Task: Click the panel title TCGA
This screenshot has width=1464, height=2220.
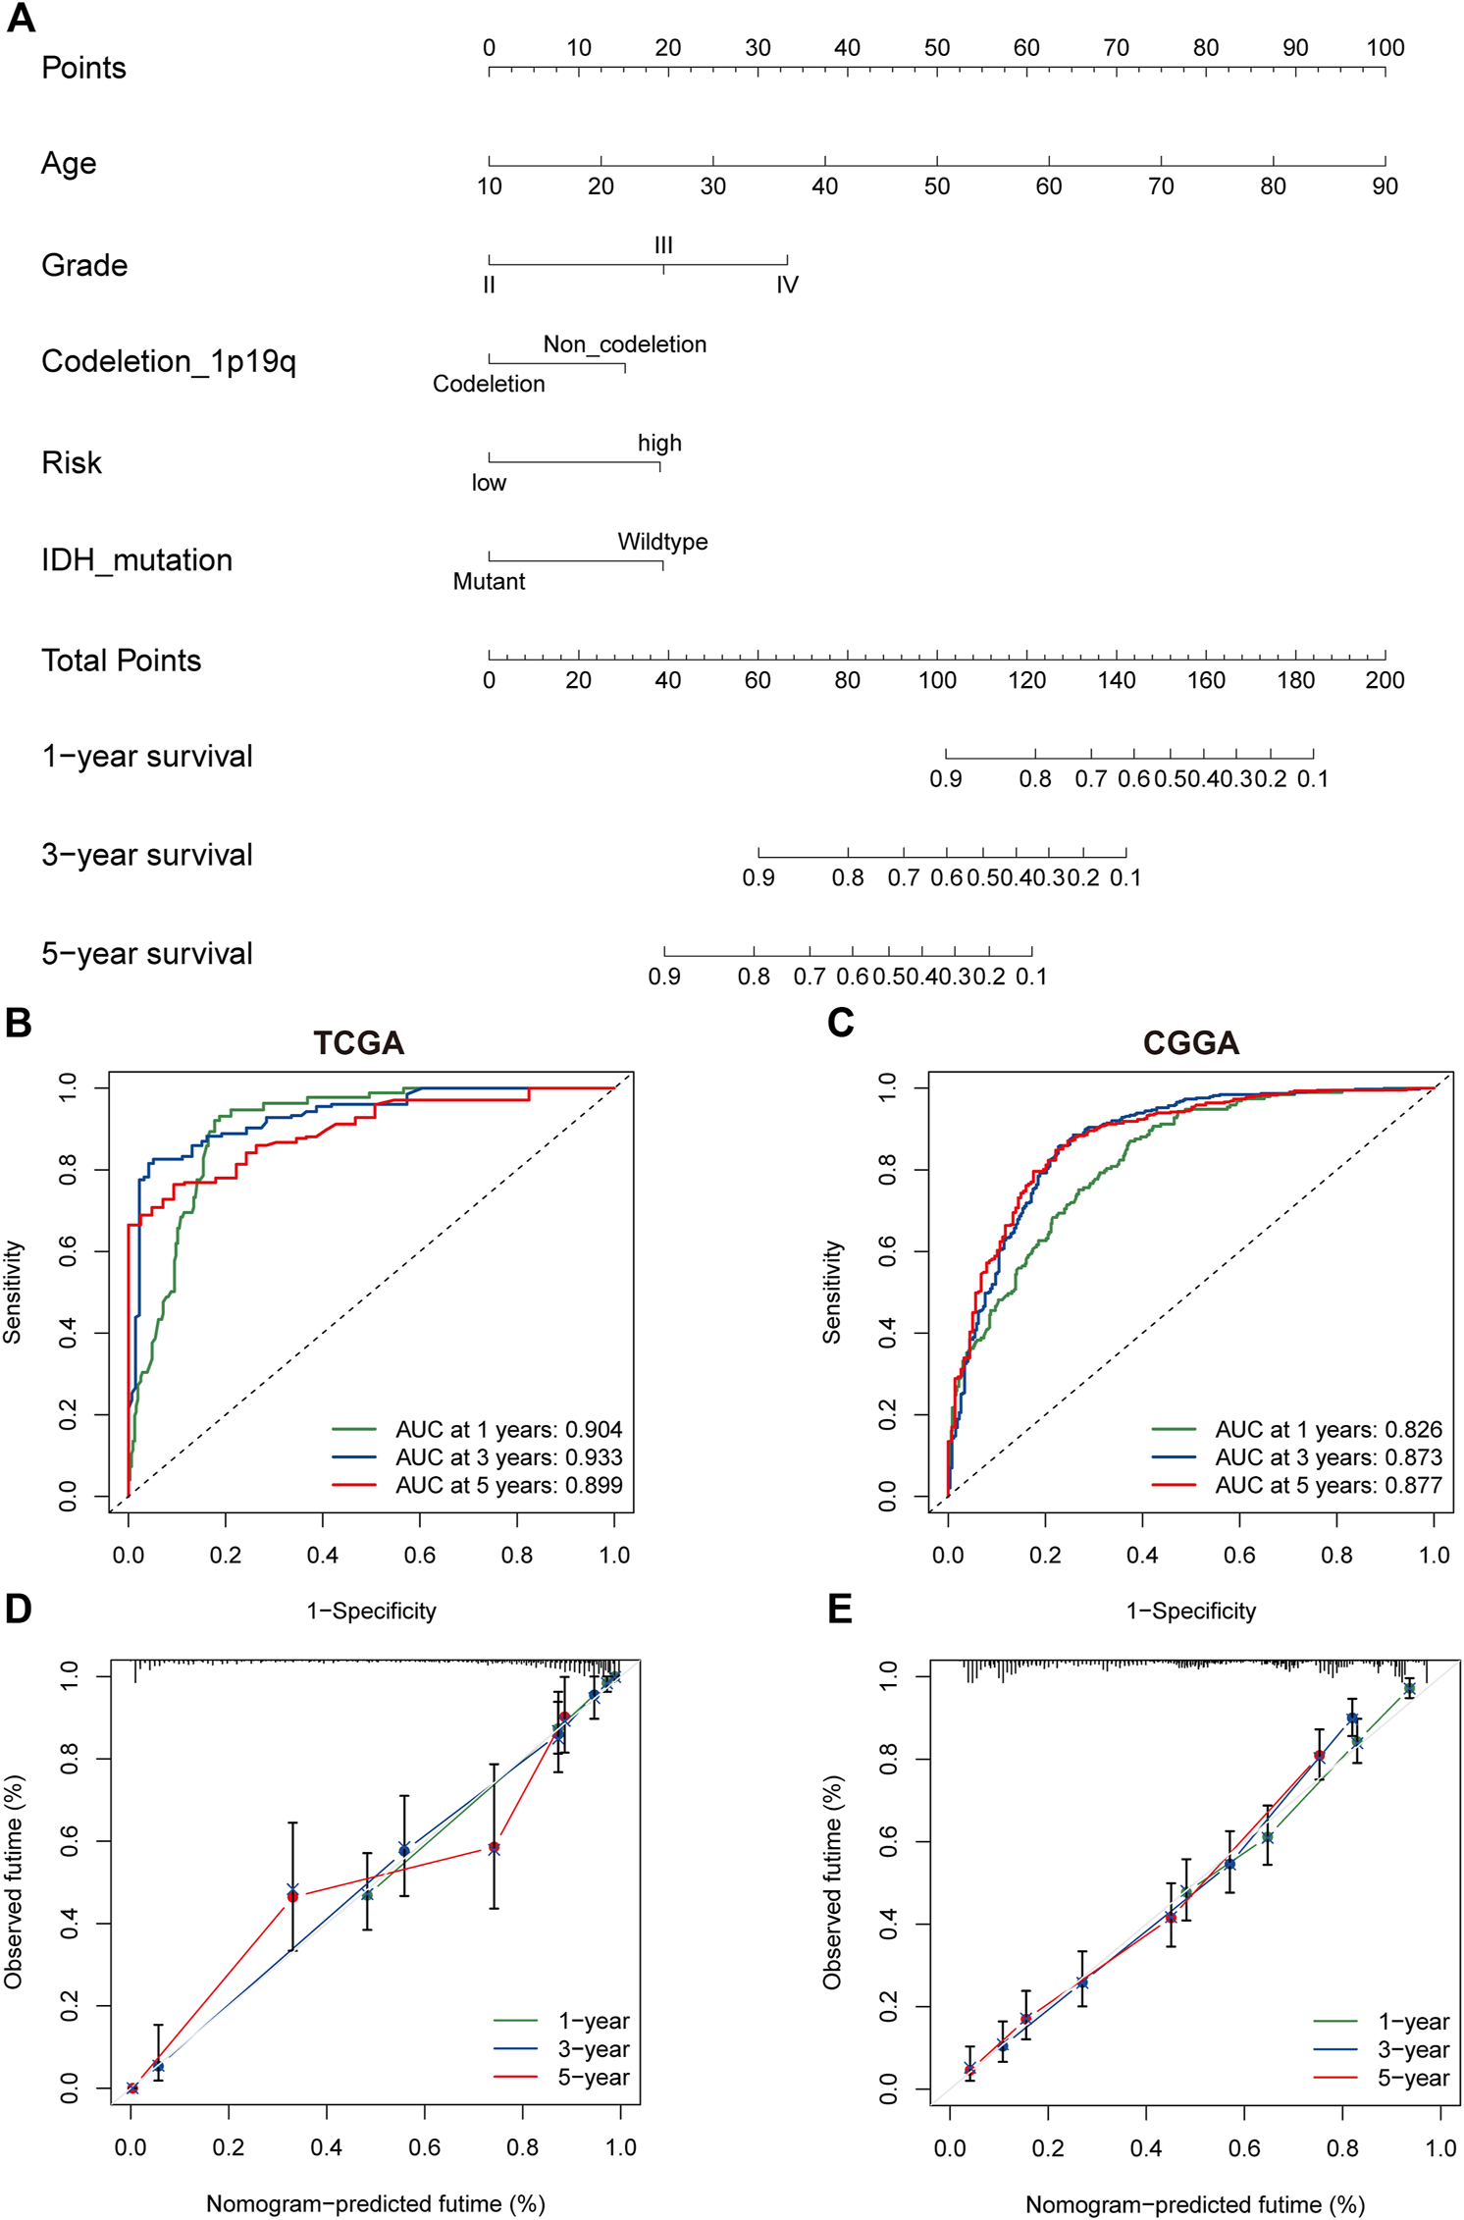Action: click(x=358, y=1042)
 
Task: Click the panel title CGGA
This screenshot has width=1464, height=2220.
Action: click(x=1190, y=1042)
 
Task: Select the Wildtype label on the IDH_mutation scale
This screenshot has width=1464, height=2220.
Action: click(x=662, y=542)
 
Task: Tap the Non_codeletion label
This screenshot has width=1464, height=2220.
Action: click(x=625, y=344)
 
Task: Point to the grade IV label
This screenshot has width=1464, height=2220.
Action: click(x=787, y=286)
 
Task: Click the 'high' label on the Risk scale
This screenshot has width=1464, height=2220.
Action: click(x=659, y=444)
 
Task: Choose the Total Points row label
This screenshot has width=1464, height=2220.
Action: click(x=121, y=661)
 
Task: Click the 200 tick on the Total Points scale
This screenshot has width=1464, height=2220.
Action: click(x=1385, y=680)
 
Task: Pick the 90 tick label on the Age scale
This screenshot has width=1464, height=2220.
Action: click(x=1385, y=186)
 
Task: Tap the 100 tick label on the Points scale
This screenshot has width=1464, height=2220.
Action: click(x=1385, y=48)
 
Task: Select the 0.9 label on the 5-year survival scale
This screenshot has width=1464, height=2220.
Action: click(x=664, y=977)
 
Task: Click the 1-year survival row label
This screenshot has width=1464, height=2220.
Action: click(x=147, y=757)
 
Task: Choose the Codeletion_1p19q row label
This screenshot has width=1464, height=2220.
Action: click(x=168, y=362)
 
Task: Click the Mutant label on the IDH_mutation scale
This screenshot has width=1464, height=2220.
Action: click(x=489, y=582)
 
